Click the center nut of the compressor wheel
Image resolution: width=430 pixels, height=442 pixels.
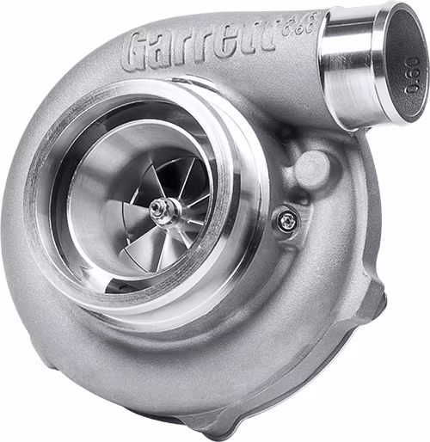coord(162,208)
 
